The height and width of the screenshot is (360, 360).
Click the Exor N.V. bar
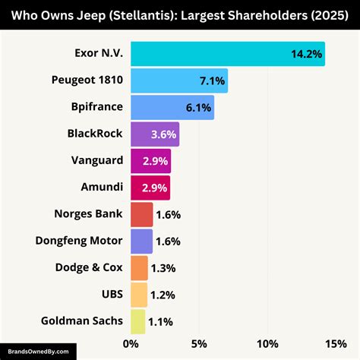click(x=227, y=54)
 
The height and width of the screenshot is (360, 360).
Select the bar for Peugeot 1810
click(x=178, y=81)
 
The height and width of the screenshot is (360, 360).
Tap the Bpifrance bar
click(x=172, y=108)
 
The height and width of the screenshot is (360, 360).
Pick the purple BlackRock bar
click(x=154, y=134)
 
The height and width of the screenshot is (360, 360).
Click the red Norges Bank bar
click(x=141, y=215)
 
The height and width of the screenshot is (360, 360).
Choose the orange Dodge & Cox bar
click(x=139, y=268)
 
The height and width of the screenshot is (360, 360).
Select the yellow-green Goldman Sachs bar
click(x=137, y=321)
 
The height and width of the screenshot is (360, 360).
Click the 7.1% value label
click(x=210, y=81)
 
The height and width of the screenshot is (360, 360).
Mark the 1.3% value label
click(x=164, y=268)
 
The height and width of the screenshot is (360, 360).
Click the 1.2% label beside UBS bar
click(x=163, y=295)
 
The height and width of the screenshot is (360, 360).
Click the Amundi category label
click(x=101, y=188)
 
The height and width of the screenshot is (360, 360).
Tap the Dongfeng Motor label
click(x=77, y=241)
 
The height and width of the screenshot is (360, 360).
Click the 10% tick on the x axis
click(x=267, y=344)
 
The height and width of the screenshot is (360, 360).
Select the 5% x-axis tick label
click(x=199, y=344)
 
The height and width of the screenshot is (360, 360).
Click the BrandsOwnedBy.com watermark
click(x=38, y=352)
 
